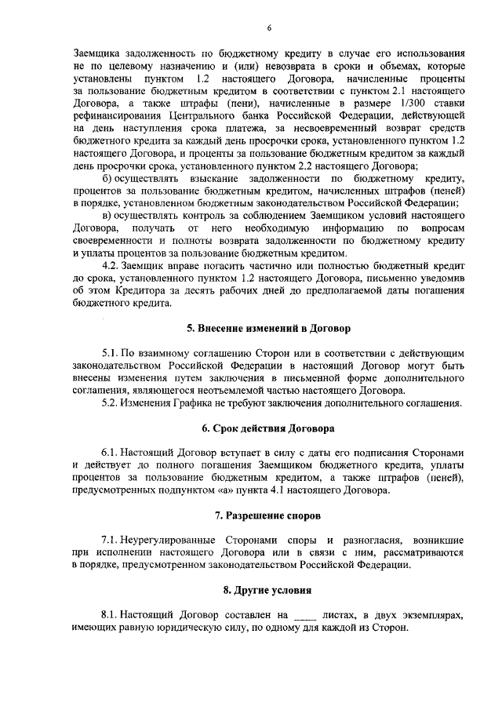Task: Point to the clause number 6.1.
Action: (112, 455)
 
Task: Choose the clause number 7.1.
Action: (112, 541)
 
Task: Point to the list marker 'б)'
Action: (110, 180)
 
